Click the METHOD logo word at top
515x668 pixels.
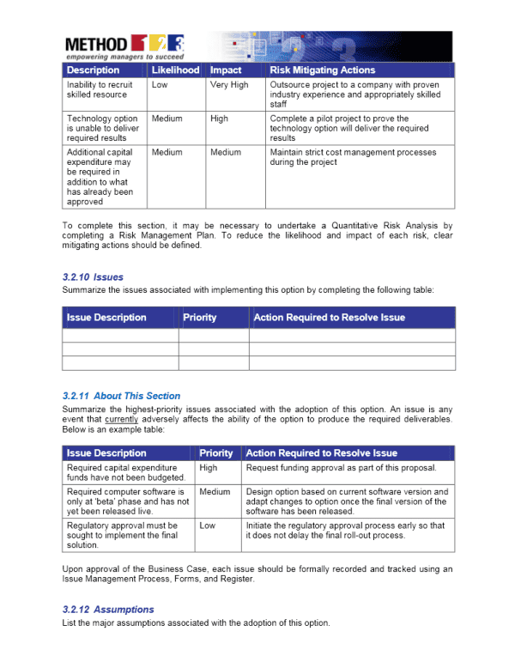(96, 43)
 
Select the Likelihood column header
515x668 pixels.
(174, 70)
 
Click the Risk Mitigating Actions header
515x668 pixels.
(322, 70)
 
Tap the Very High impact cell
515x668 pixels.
(228, 85)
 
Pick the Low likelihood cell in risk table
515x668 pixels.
(160, 85)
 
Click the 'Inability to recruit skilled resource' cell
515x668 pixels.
(99, 90)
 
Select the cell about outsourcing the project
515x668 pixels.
(355, 94)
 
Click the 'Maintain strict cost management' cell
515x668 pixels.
(353, 157)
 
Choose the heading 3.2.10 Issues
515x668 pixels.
(93, 277)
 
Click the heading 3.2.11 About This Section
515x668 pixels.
(121, 396)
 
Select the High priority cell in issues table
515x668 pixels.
(209, 468)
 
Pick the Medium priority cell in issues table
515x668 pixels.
(215, 492)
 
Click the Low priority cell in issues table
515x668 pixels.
(207, 525)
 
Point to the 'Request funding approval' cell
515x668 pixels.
(341, 468)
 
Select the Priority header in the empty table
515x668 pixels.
(200, 318)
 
